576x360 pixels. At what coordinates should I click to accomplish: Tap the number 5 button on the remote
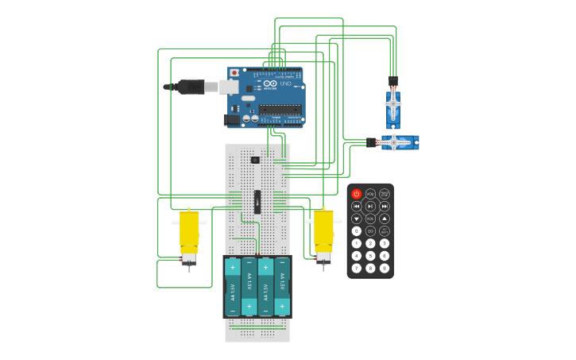tap(370, 256)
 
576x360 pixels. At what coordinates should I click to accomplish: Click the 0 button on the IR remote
tap(357, 230)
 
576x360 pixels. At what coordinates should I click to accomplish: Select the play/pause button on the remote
tap(370, 206)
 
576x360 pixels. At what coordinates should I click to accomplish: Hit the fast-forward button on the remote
tap(385, 206)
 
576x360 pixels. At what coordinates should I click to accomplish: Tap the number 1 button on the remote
tap(357, 243)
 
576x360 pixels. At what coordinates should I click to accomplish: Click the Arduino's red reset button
tap(234, 73)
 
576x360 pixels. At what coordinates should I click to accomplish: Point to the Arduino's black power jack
tap(231, 119)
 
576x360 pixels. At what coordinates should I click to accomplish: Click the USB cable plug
tap(191, 87)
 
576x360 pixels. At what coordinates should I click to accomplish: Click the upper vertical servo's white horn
tap(392, 103)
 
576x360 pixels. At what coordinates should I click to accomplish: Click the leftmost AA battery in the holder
tap(233, 287)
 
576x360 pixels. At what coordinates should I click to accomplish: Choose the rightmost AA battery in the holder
tap(282, 287)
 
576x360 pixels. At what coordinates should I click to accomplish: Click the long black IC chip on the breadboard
tap(257, 201)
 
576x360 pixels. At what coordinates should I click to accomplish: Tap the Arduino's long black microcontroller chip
tap(280, 110)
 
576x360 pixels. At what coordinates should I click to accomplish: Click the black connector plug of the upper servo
tap(392, 81)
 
